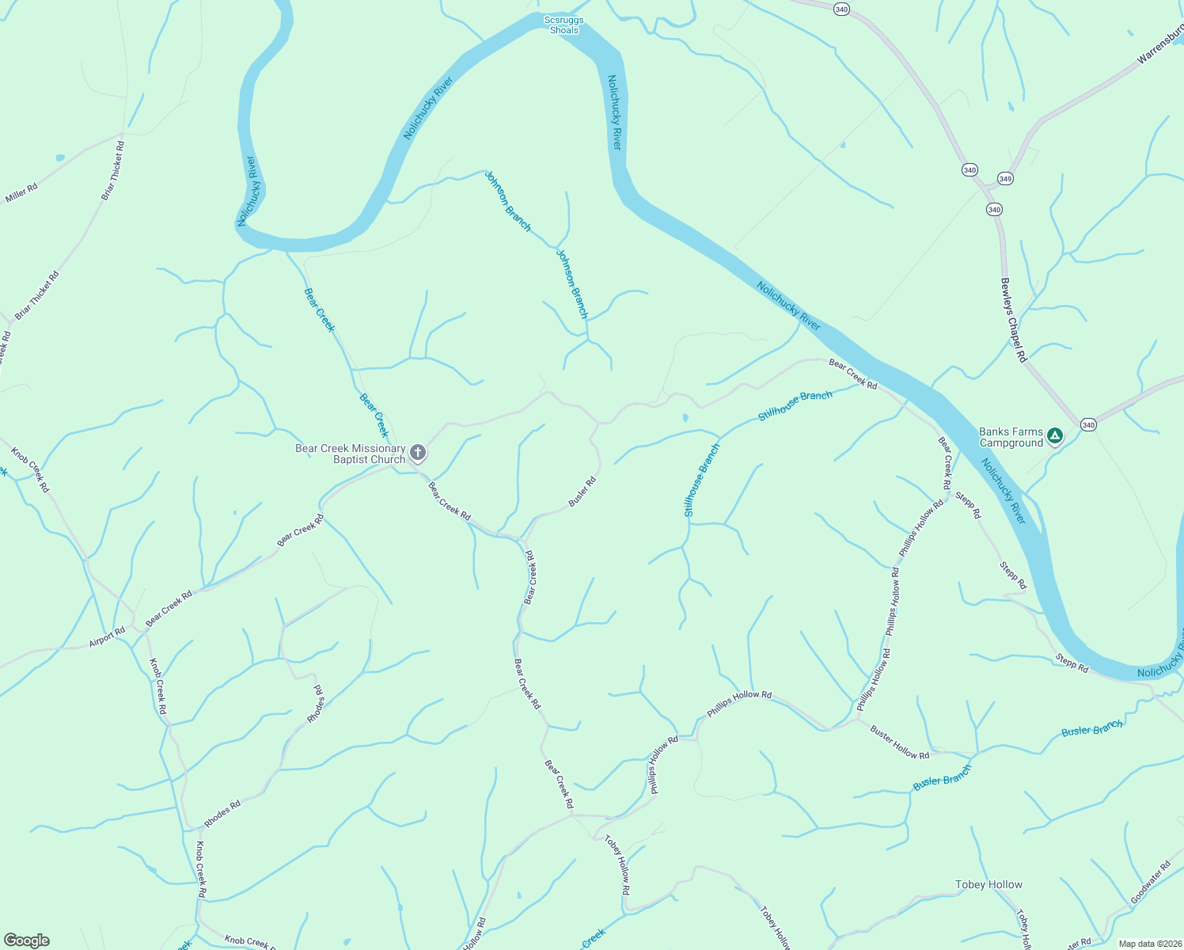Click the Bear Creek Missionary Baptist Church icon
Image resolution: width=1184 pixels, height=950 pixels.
pos(418,453)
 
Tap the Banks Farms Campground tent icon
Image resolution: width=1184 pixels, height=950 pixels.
pos(1054,435)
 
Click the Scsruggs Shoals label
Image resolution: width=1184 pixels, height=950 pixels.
pos(564,25)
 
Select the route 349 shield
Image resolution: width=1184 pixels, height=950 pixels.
pos(1005,178)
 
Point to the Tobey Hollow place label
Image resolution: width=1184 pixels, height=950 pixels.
pos(989,884)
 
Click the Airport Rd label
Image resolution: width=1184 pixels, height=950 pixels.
pos(107,637)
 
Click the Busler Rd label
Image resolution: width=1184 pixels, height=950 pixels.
pos(583,492)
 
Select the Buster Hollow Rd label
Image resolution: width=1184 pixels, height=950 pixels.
pos(900,743)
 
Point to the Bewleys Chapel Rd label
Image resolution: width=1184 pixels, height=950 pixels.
pos(1013,321)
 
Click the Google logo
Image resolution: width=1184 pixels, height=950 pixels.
pos(27,940)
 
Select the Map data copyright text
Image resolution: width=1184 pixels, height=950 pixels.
pos(1148,943)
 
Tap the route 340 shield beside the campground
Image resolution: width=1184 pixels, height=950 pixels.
pos(1088,425)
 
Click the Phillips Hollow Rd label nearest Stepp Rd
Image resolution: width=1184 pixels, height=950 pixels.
pos(921,528)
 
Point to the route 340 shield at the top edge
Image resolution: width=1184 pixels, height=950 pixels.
pos(841,9)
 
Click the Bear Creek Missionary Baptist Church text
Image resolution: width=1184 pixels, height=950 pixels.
pos(350,454)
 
